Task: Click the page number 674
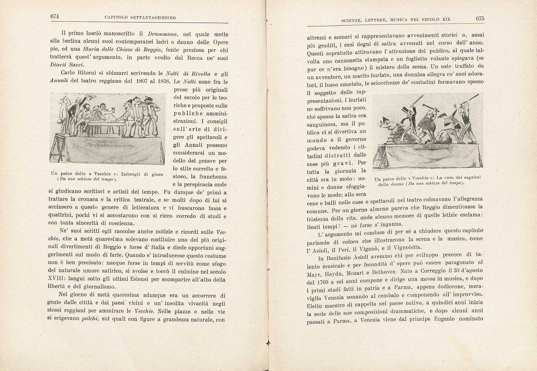55,16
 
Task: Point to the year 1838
163,81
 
